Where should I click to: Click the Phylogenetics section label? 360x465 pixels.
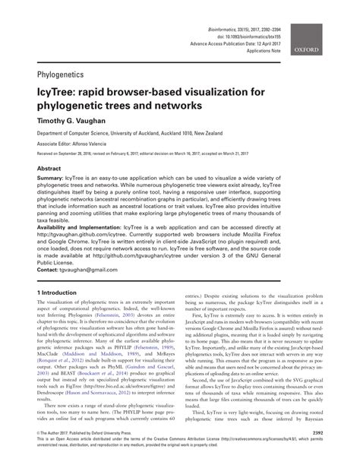62,76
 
